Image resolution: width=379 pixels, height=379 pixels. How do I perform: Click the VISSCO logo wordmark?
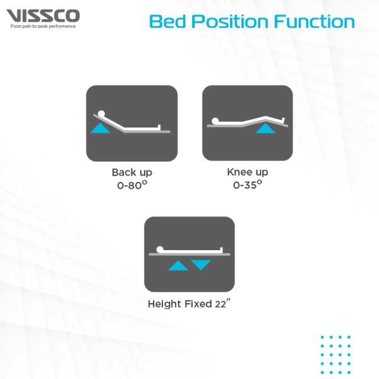43,16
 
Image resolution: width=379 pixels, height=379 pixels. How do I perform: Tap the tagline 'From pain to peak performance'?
43,26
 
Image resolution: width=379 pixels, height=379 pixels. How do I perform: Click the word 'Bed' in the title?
168,21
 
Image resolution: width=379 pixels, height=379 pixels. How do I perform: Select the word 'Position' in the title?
230,21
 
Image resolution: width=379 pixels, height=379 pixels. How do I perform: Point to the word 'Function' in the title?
314,21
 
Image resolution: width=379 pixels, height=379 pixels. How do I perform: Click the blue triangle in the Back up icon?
100,128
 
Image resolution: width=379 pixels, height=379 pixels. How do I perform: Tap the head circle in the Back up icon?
101,114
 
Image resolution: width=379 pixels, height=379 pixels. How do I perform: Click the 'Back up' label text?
132,172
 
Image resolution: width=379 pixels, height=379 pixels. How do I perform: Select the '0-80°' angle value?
132,185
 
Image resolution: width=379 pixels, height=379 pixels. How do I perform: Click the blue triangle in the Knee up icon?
265,128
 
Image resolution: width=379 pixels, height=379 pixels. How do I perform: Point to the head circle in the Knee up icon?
215,121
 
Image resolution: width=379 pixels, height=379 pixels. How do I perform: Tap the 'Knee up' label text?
248,172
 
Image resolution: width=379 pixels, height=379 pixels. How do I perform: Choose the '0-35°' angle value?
248,184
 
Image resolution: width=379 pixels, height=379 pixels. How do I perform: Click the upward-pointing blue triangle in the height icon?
178,265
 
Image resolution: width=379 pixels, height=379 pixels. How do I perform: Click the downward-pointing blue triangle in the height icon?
201,265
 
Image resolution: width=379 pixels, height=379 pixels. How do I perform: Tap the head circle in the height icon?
160,250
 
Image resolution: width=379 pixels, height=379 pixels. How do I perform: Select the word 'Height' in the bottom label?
165,304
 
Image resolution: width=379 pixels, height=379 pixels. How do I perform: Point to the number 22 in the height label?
220,304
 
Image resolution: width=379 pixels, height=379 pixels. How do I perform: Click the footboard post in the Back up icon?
159,128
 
